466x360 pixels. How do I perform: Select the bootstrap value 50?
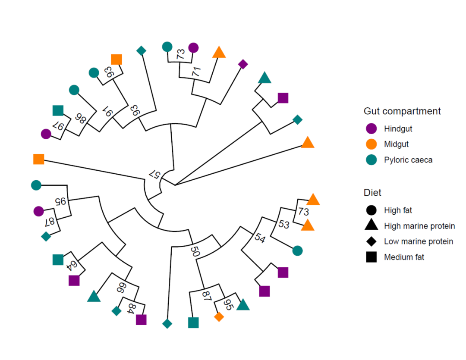pyautogui.click(x=195, y=252)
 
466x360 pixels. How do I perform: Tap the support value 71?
pyautogui.click(x=196, y=72)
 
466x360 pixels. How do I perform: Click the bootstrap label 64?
pyautogui.click(x=73, y=265)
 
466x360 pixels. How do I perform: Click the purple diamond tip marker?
pyautogui.click(x=243, y=64)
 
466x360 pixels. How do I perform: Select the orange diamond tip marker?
pyautogui.click(x=219, y=317)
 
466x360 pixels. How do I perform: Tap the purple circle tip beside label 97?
pyautogui.click(x=46, y=134)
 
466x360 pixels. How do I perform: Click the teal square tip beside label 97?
pyautogui.click(x=58, y=110)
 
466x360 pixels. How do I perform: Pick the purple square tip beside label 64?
pyautogui.click(x=74, y=281)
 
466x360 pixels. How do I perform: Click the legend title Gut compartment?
pyautogui.click(x=402, y=111)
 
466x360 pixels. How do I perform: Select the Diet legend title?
pyautogui.click(x=372, y=193)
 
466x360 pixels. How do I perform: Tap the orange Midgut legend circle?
pyautogui.click(x=371, y=144)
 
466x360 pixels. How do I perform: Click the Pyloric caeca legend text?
pyautogui.click(x=408, y=160)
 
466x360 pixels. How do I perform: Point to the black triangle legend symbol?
pyautogui.click(x=371, y=225)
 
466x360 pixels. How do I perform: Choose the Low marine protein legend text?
pyautogui.click(x=419, y=241)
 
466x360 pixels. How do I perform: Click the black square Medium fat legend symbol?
pyautogui.click(x=371, y=257)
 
